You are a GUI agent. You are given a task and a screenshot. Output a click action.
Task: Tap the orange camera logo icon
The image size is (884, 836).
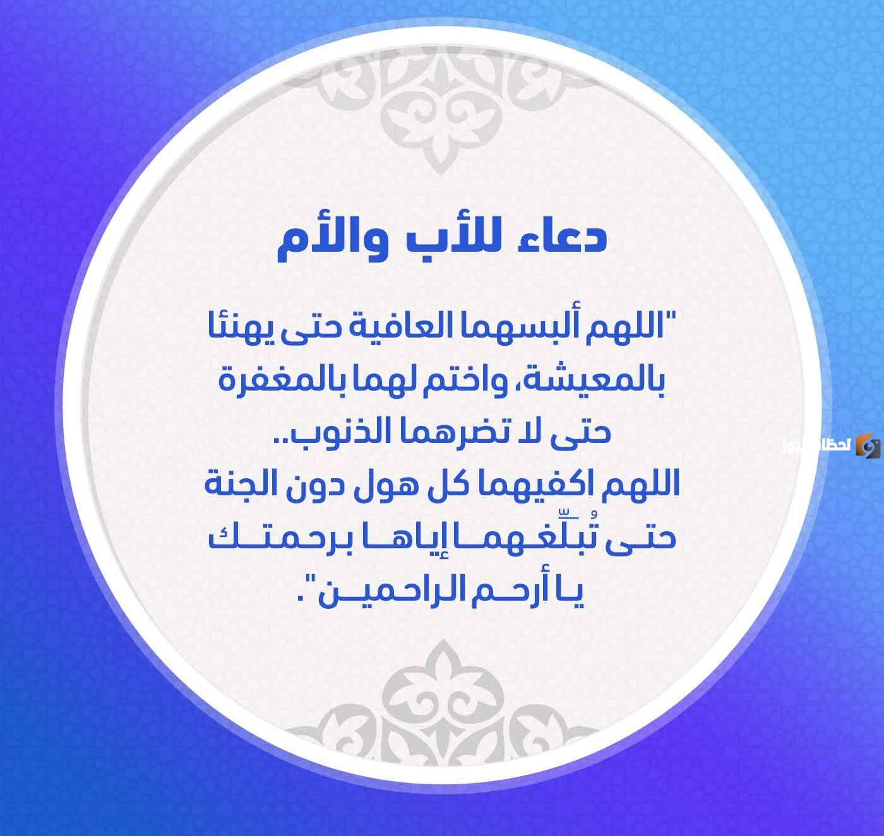click(868, 446)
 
